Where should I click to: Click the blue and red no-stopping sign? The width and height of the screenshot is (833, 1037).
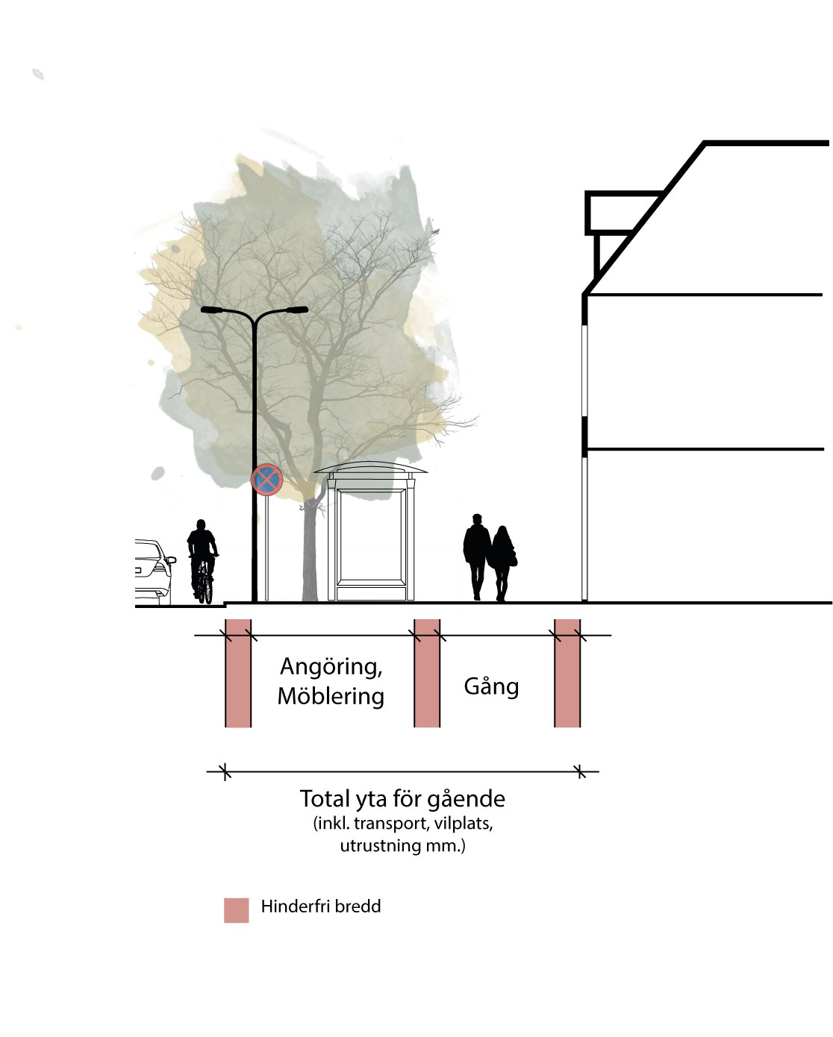(266, 480)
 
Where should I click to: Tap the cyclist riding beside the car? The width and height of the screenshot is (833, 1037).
(203, 561)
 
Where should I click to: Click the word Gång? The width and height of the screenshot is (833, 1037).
(491, 687)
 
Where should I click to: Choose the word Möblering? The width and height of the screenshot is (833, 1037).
(331, 696)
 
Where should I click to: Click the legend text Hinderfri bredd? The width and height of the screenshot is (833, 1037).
(320, 906)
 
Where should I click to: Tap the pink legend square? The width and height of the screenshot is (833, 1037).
(236, 910)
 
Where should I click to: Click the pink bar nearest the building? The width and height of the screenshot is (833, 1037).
(567, 673)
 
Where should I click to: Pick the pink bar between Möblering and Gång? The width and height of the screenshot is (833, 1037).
(427, 673)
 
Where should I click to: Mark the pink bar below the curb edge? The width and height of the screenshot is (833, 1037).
(238, 673)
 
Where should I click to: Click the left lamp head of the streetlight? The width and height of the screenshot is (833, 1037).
(212, 310)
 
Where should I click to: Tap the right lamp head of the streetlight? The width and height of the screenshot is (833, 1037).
(297, 310)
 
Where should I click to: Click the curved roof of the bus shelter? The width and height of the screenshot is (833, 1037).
(370, 467)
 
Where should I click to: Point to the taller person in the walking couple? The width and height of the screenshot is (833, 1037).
(477, 557)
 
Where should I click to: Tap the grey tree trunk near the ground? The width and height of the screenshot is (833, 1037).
(310, 554)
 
